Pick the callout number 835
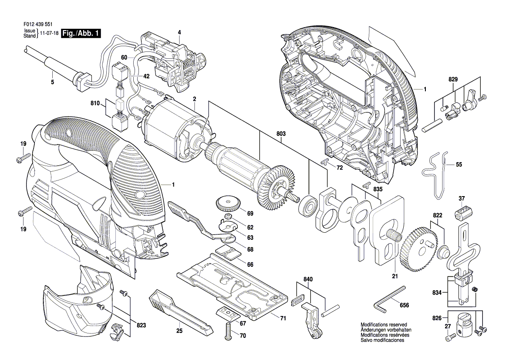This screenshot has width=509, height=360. point(378,189)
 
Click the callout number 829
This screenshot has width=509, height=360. point(453,80)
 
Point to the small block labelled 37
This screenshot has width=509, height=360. point(463,214)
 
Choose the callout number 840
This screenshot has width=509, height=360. point(308,279)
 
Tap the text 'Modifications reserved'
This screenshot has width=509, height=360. point(384,325)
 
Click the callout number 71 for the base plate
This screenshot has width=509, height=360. point(283,319)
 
